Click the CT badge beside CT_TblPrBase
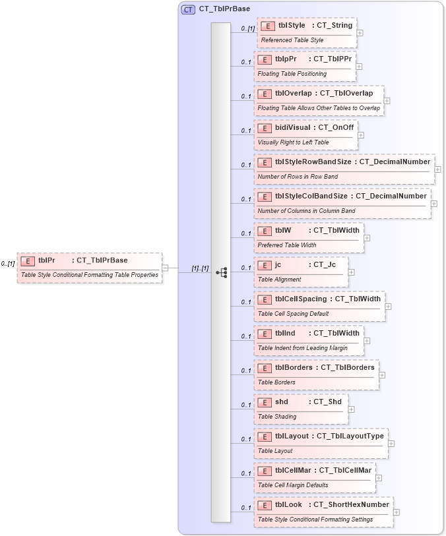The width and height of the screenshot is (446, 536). click(188, 9)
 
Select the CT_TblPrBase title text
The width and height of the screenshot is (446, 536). click(225, 9)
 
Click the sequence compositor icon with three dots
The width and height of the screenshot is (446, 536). click(221, 272)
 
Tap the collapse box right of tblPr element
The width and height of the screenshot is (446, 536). click(166, 268)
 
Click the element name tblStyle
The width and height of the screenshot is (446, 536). click(291, 25)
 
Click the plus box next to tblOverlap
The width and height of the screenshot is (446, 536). click(387, 101)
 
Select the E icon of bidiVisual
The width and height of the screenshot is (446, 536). click(264, 128)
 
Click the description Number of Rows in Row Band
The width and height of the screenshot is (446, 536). click(298, 177)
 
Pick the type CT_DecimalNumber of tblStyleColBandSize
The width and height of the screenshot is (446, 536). click(391, 196)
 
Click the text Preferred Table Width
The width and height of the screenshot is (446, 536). click(287, 245)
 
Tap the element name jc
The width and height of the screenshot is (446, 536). click(278, 264)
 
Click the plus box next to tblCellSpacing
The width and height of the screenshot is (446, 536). click(389, 307)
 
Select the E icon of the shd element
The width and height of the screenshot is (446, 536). click(264, 402)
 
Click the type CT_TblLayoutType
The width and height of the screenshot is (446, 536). click(350, 436)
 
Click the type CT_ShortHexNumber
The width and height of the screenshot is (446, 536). click(351, 504)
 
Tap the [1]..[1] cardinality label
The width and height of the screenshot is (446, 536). click(200, 268)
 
